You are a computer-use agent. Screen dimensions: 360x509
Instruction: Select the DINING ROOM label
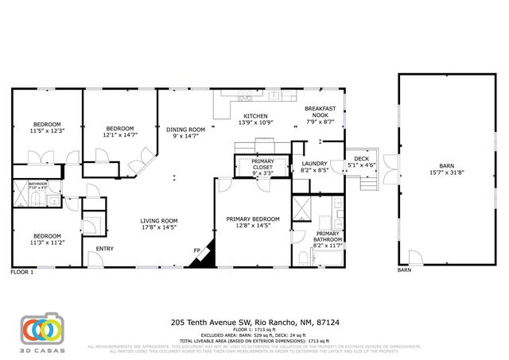coord(185,130)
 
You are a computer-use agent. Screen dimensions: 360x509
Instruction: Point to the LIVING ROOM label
coord(158,221)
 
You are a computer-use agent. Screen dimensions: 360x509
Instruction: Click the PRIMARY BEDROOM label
coord(253,219)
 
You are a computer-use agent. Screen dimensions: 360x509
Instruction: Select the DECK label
coord(362,159)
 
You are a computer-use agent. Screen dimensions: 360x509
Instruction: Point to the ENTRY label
coord(105,249)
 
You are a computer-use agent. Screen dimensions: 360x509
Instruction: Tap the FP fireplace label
coord(196,250)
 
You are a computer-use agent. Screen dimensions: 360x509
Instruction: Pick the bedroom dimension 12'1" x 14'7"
coord(120,135)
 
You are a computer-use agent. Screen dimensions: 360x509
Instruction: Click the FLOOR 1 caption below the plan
coord(21,272)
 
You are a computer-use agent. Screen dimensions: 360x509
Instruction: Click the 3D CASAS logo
coord(41,332)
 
